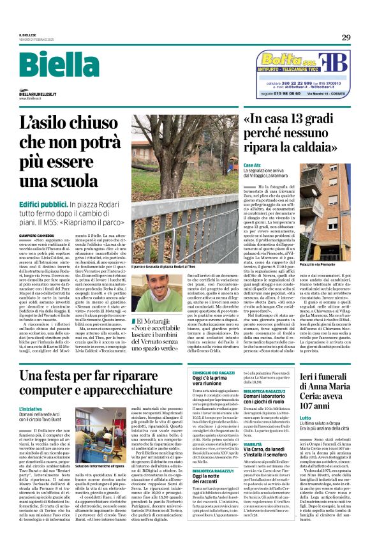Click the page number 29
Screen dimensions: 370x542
coord(345,37)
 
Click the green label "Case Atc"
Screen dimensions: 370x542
coord(252,165)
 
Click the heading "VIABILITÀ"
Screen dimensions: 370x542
coord(253,443)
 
